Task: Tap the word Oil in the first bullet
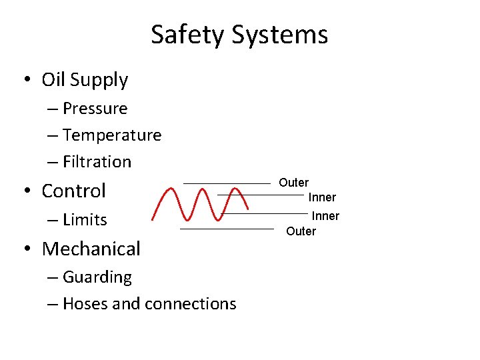(x=53, y=80)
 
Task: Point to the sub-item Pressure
(x=95, y=108)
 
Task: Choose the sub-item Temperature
(x=112, y=135)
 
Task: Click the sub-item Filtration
(x=97, y=162)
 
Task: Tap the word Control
(x=73, y=191)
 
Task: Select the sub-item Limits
(x=85, y=220)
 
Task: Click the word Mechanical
(x=91, y=249)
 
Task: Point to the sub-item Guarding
(x=97, y=277)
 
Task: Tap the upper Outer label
(x=293, y=183)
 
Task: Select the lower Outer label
(x=301, y=231)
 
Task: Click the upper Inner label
(x=322, y=197)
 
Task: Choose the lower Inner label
(x=325, y=216)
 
